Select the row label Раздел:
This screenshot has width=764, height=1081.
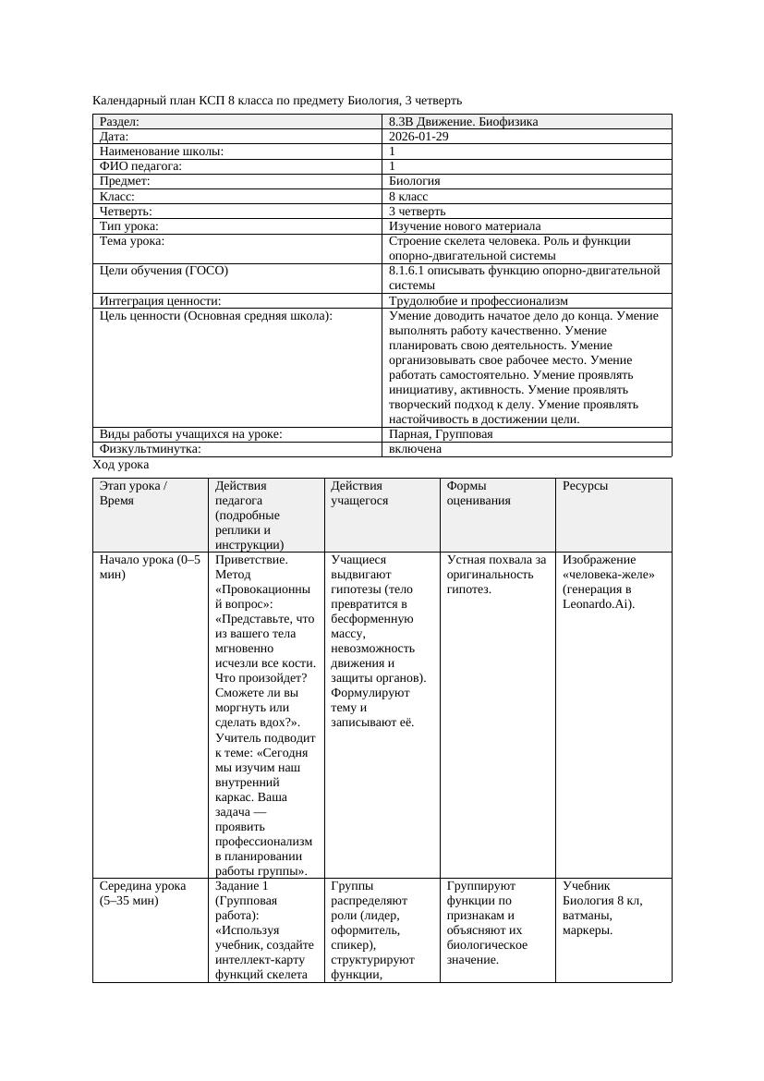point(120,122)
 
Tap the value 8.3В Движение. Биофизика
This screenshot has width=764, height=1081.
point(463,122)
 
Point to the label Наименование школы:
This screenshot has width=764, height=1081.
point(162,152)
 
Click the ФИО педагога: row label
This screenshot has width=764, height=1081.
point(140,166)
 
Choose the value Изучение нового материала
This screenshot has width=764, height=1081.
point(465,226)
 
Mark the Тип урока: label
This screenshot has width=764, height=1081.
point(129,226)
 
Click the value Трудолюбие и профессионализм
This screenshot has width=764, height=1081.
point(479,301)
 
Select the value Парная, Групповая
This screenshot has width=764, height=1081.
point(441,434)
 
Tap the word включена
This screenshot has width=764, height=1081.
point(415,449)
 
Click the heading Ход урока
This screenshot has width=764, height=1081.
point(121,465)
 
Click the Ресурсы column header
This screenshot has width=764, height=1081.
point(586,485)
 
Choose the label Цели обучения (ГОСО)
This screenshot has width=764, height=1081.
point(164,272)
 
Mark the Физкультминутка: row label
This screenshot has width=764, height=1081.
point(151,449)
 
